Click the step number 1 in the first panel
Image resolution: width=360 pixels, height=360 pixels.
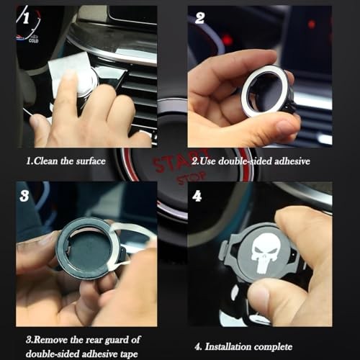[x=27, y=16]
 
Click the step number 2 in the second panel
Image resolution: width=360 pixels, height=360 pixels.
[x=199, y=17]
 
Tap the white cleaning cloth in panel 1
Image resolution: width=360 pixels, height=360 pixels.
[x=69, y=68]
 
